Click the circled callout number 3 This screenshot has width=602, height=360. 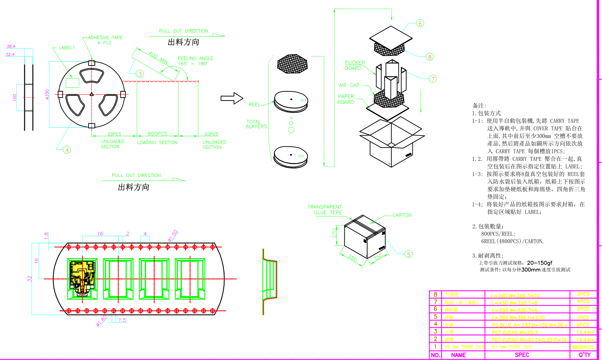[140, 74]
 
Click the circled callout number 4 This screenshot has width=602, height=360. [67, 150]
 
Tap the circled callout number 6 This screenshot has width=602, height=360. [420, 23]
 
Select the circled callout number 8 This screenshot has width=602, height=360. [429, 57]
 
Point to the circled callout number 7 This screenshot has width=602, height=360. [433, 79]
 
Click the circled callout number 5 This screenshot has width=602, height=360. [408, 254]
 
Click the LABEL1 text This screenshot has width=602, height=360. [67, 48]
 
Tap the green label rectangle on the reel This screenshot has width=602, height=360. [72, 83]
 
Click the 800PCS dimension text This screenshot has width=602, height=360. [158, 134]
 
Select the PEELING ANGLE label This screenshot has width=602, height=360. [195, 58]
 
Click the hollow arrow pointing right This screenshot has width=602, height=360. [232, 98]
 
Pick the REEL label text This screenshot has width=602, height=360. [254, 104]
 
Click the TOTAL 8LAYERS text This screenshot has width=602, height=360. [256, 124]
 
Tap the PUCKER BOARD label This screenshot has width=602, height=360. [354, 65]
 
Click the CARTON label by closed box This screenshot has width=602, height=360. [402, 215]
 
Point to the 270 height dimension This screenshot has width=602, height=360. [335, 233]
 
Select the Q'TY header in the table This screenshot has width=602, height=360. [584, 355]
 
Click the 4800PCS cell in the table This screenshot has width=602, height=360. [582, 347]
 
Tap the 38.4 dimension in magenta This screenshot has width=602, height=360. [11, 46]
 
